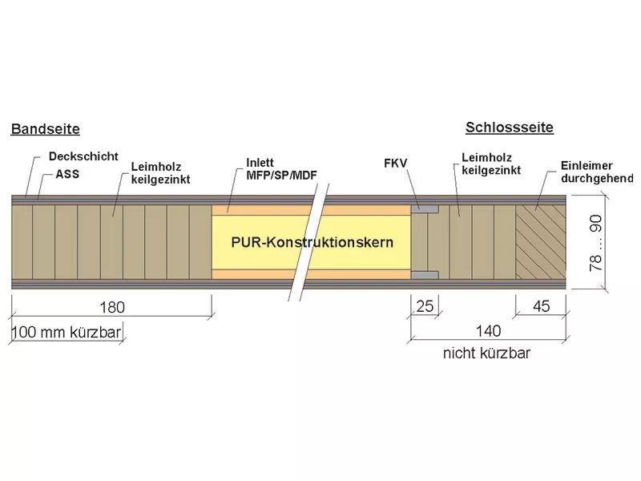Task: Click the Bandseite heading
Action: [46, 129]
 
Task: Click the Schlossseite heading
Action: [510, 127]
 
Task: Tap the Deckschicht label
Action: [83, 156]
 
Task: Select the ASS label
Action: [67, 174]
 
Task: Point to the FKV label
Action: [395, 164]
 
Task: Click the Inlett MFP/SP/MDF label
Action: [281, 169]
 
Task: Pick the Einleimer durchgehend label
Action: [597, 172]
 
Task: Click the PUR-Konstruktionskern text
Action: [312, 242]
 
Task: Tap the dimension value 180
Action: [112, 307]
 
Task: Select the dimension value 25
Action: [425, 306]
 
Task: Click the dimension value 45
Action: [542, 306]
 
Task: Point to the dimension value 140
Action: [488, 330]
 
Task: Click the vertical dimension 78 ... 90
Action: [595, 243]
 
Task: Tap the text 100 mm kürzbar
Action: [67, 332]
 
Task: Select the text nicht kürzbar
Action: [486, 353]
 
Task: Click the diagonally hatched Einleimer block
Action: [541, 242]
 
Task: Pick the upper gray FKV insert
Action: [425, 209]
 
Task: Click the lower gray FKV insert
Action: [425, 275]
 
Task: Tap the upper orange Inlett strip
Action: [311, 210]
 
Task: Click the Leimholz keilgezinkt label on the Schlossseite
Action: [491, 164]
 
